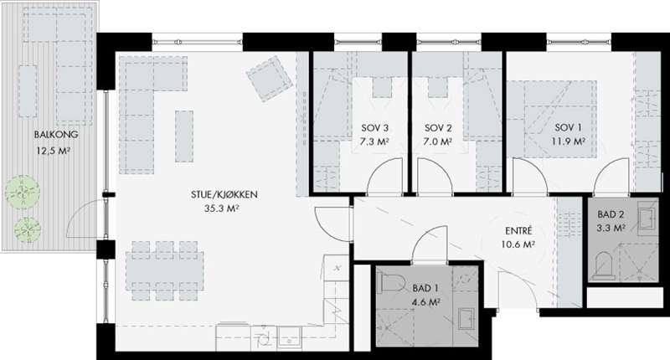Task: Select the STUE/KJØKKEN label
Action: [224, 195]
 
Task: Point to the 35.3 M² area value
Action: [221, 208]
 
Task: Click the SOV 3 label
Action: [374, 128]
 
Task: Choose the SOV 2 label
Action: [438, 128]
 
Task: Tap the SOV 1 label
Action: [568, 127]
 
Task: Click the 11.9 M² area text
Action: [568, 141]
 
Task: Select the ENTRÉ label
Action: [518, 231]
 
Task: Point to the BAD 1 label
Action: [425, 289]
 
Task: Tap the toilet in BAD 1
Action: [392, 283]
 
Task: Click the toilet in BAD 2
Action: [604, 266]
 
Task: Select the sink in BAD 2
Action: [647, 218]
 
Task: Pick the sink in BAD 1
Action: [466, 319]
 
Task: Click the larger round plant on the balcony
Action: [23, 193]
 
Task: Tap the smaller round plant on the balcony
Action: [28, 230]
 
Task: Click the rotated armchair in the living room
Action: [270, 79]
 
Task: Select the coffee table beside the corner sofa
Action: [184, 136]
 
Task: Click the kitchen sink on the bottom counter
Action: [289, 337]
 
